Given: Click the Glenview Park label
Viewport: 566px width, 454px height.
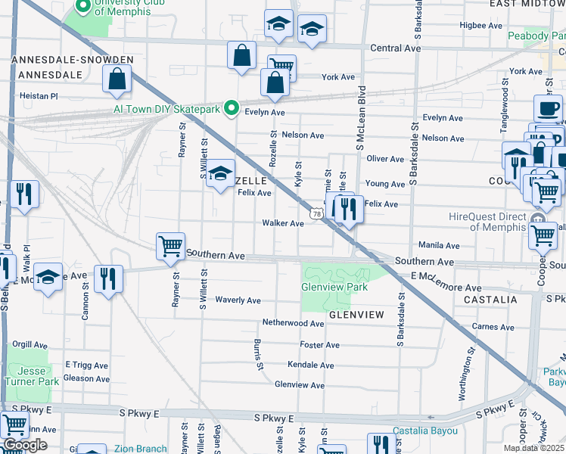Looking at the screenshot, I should click(x=334, y=287).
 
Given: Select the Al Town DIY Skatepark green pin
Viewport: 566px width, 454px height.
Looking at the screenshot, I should click(x=233, y=109).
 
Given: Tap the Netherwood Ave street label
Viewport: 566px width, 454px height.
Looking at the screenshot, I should click(x=293, y=323).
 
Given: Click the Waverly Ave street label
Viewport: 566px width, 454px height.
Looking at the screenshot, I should click(x=238, y=300).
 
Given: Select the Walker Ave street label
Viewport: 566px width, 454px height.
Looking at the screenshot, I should click(x=282, y=223).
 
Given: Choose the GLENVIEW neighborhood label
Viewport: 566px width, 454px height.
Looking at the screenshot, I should click(x=356, y=314).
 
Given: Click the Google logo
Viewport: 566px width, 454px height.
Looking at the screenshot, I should click(x=24, y=445).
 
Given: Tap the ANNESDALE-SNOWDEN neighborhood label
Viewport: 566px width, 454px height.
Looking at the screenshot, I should click(x=73, y=60).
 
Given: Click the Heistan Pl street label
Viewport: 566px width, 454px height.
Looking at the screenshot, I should click(x=39, y=96).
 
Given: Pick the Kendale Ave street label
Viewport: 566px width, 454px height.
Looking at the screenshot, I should click(x=310, y=365).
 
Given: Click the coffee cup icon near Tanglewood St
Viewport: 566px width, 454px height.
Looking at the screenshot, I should click(x=547, y=108).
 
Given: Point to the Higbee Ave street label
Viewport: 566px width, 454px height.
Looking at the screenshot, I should click(x=481, y=25).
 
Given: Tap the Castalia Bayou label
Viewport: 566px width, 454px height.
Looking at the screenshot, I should click(x=425, y=431).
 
